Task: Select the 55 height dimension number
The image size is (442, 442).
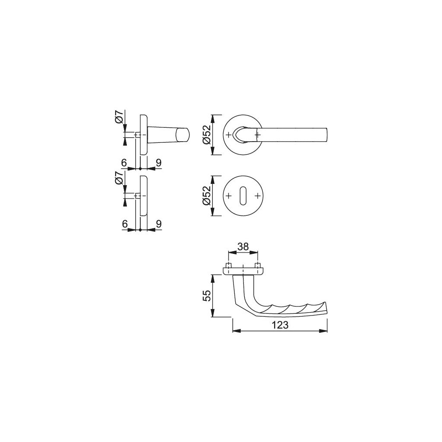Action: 207,296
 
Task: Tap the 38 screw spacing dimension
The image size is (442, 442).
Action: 243,246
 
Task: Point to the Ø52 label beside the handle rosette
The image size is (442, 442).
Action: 207,135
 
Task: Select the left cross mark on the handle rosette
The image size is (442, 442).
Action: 228,135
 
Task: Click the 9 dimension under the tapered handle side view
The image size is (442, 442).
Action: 158,163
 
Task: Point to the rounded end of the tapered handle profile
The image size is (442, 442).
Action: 186,135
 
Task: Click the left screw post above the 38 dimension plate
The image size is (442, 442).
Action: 229,265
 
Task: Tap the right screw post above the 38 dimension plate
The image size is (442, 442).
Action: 258,265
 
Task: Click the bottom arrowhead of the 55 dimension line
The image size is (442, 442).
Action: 214,315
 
